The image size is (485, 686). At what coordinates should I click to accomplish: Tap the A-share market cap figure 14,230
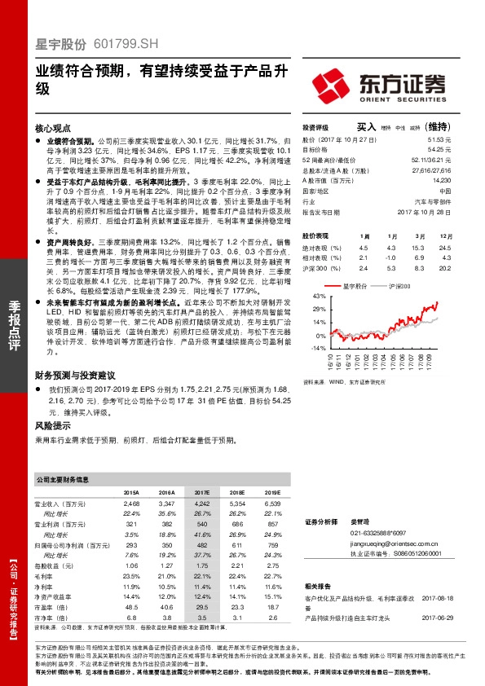pos(440,180)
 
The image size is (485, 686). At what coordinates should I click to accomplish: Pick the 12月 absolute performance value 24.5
pos(444,247)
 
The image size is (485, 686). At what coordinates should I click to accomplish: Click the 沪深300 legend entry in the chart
pos(399,286)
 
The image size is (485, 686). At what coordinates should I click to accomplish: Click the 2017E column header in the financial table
pos(203,493)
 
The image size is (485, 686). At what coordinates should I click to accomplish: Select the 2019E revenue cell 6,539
pos(273,505)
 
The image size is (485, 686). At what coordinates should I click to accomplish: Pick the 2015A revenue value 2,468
pos(131,505)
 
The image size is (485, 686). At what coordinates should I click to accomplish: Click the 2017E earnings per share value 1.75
pos(203,565)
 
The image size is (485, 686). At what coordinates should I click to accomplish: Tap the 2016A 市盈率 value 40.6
pos(167,606)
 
